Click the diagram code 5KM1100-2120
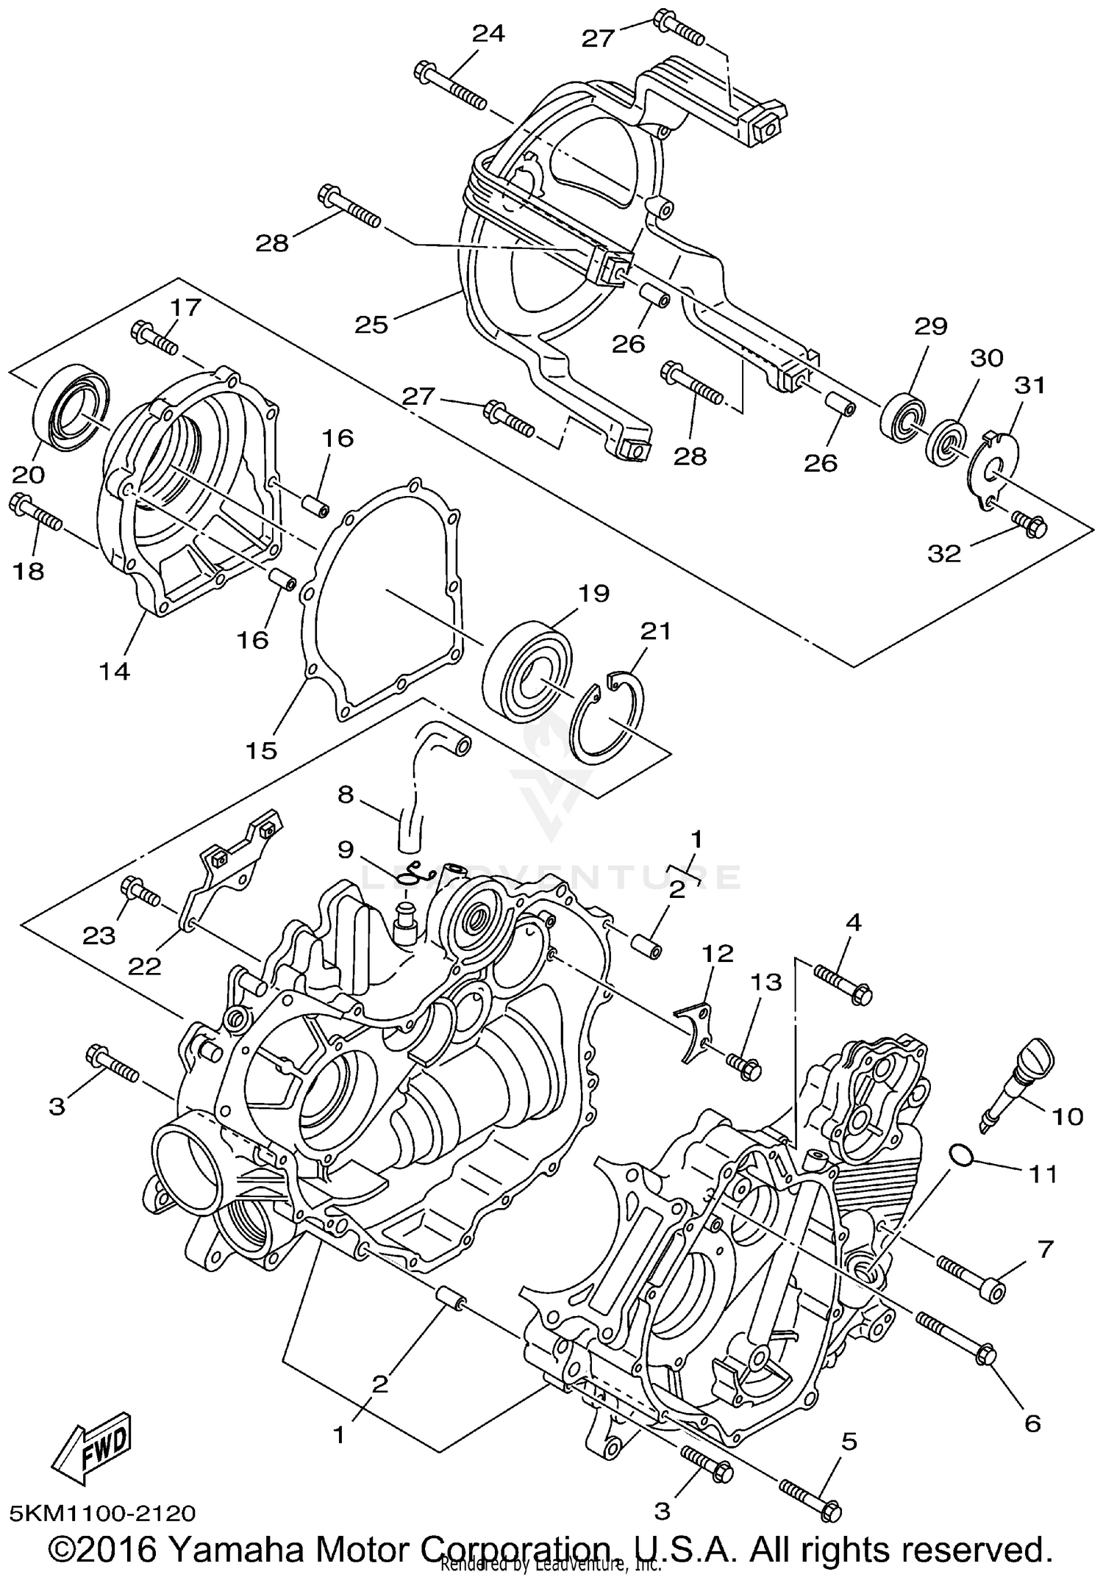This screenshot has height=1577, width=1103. [103, 1513]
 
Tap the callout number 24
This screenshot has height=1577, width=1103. [488, 35]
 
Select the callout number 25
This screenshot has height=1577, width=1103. [371, 324]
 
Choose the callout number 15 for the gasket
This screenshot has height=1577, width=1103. [263, 750]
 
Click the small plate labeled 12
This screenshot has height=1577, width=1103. [694, 1032]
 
